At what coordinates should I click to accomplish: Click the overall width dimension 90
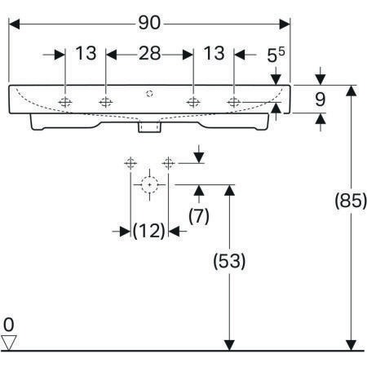click(x=149, y=23)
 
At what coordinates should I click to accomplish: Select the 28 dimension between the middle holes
click(x=150, y=53)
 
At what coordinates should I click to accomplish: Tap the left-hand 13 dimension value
click(x=86, y=53)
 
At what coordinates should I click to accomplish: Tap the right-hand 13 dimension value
click(x=214, y=53)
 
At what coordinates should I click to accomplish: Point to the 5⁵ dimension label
click(x=276, y=55)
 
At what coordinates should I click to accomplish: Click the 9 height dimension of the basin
click(x=321, y=99)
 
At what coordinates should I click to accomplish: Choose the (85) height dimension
click(x=351, y=201)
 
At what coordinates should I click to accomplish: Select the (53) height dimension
click(x=229, y=261)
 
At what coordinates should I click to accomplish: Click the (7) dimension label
click(x=199, y=216)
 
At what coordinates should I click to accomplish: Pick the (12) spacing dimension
click(x=149, y=231)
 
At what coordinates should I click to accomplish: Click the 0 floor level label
click(x=8, y=325)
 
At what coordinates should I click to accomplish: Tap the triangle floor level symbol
click(x=9, y=343)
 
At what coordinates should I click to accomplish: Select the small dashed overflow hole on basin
click(x=149, y=94)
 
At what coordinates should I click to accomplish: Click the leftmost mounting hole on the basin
click(x=65, y=102)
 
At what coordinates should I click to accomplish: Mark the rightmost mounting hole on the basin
click(x=234, y=102)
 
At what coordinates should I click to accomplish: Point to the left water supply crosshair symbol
click(x=130, y=163)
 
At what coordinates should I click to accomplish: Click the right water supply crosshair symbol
click(x=168, y=163)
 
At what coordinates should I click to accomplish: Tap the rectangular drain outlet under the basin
click(x=149, y=127)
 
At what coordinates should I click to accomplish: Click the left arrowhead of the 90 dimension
click(x=14, y=24)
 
